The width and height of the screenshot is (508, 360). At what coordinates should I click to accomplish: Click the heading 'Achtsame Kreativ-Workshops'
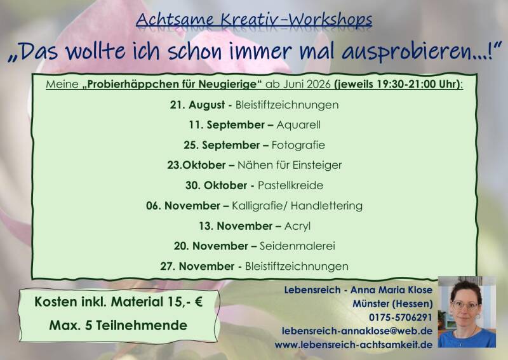254,20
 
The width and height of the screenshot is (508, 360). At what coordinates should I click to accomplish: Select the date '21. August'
197,105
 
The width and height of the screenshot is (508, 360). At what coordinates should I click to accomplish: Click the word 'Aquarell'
298,124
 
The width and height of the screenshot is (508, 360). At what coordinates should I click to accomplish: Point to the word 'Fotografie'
298,145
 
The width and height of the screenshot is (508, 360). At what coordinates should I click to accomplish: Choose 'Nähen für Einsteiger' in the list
290,165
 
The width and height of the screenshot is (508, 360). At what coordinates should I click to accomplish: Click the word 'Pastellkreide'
290,185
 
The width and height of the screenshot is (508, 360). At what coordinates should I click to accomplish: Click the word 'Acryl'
297,226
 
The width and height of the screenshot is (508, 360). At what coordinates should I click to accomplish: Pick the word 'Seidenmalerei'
297,246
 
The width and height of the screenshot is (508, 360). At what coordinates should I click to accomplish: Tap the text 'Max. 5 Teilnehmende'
118,325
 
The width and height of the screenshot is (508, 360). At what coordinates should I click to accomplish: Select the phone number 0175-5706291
401,317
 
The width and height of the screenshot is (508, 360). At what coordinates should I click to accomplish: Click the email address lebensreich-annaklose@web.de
357,331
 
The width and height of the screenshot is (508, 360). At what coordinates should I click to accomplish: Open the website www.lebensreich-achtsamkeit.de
354,345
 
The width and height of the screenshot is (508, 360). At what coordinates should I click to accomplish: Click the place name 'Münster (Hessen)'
392,303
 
